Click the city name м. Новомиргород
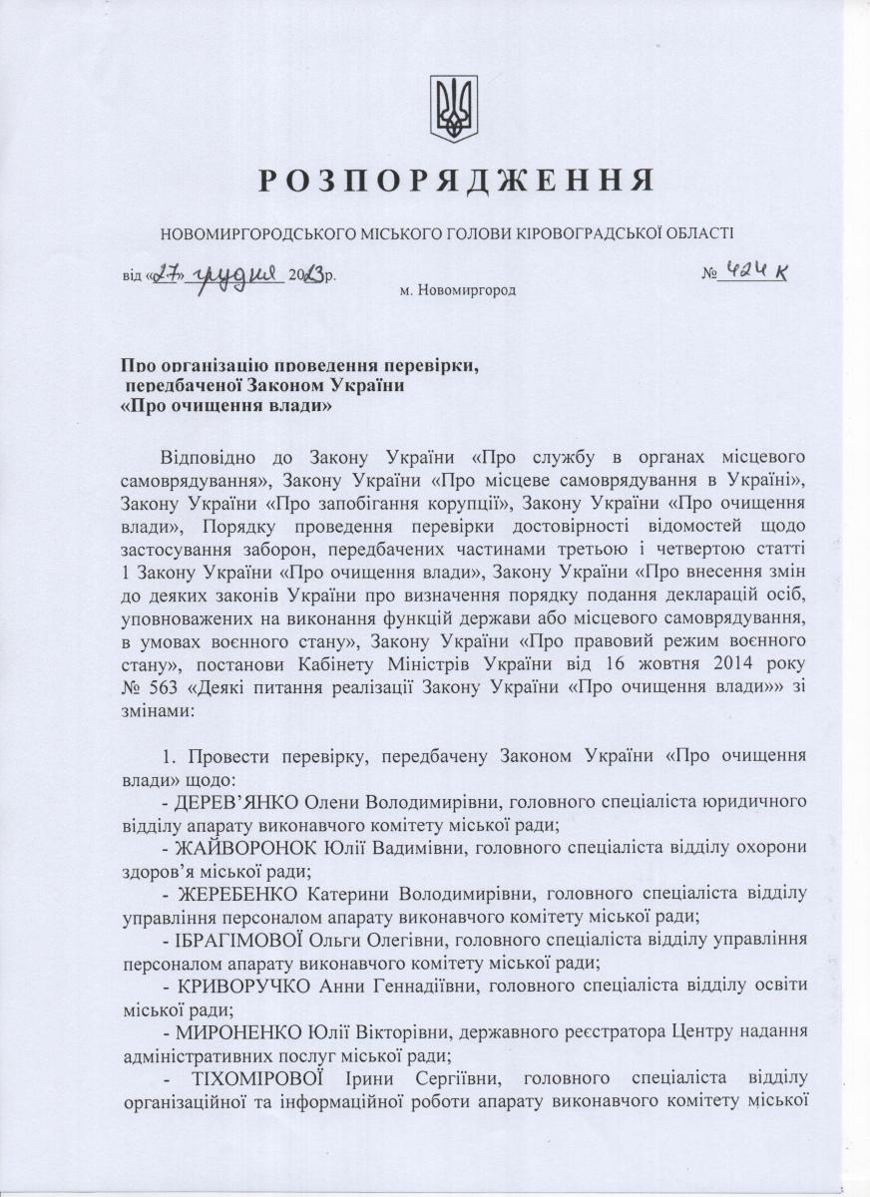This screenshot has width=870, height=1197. click(x=457, y=290)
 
